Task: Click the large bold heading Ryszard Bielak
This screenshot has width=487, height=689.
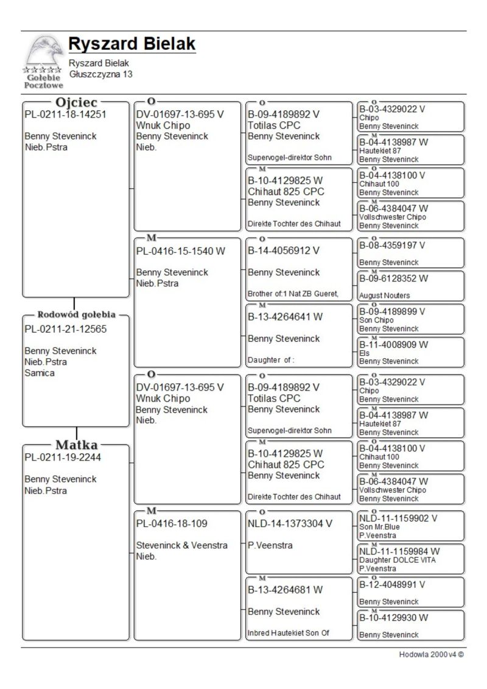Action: [x=131, y=44]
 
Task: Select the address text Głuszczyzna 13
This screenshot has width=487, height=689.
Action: [x=100, y=74]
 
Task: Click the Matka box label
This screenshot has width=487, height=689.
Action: [x=77, y=445]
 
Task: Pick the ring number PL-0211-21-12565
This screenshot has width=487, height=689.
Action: [x=65, y=330]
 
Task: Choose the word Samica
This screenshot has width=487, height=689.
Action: [x=40, y=373]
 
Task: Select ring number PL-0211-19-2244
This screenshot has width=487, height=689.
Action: [x=63, y=458]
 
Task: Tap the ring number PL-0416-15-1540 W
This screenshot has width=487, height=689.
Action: [x=181, y=250]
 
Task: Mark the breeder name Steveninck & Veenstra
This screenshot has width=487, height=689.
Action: [x=182, y=545]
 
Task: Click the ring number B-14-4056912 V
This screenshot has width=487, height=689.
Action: [x=284, y=250]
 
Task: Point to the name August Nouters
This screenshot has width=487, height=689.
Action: [x=384, y=295]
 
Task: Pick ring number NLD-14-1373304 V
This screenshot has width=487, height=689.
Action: [x=290, y=523]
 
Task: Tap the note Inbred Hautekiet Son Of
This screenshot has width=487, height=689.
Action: [x=288, y=633]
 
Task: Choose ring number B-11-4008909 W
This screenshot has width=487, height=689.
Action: [x=393, y=344]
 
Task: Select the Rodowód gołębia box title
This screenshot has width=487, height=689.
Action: [x=77, y=315]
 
